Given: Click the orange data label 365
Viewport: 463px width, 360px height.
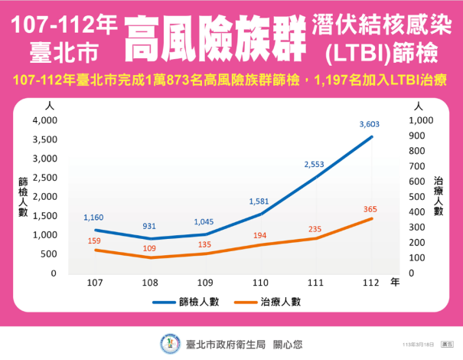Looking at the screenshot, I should point(369,209).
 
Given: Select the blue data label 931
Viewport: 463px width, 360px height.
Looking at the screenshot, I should point(150,226).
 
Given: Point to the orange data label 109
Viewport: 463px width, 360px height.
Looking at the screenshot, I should point(150,249).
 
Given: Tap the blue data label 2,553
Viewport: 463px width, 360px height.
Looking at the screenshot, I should point(315,164).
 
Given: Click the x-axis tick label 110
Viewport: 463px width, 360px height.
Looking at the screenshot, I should point(259,283).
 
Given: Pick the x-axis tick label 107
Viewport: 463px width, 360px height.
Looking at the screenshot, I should point(95,283).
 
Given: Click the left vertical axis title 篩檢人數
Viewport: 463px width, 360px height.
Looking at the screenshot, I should point(23,197).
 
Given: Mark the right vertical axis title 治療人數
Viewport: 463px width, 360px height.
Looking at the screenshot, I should point(439,197).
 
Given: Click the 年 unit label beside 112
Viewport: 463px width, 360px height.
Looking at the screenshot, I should point(395,283).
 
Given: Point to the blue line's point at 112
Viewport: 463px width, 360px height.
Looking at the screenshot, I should point(371,137).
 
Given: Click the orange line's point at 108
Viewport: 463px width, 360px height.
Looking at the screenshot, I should point(150,257).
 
